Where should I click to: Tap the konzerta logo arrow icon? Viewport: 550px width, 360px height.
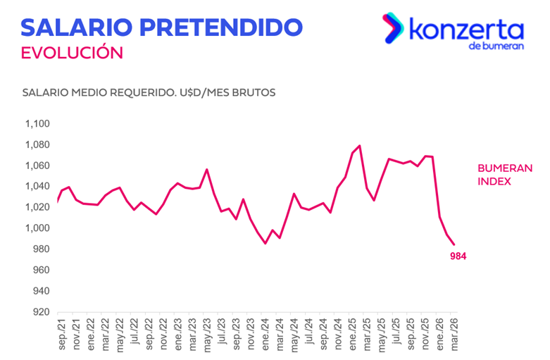point(391,27)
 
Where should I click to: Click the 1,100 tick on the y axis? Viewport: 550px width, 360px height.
point(37,124)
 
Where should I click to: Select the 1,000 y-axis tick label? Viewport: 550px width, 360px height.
point(37,228)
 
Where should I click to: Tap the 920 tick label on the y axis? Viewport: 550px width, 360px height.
point(40,312)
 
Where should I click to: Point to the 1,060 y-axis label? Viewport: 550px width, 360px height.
point(37,166)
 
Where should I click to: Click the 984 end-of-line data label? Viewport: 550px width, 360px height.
point(458,256)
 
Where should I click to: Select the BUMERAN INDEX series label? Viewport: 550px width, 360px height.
point(505,175)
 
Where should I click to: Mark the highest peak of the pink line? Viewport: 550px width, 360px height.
point(360,146)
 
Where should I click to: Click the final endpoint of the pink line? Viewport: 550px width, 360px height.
point(454,244)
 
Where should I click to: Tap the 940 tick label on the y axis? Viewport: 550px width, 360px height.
point(40,291)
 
